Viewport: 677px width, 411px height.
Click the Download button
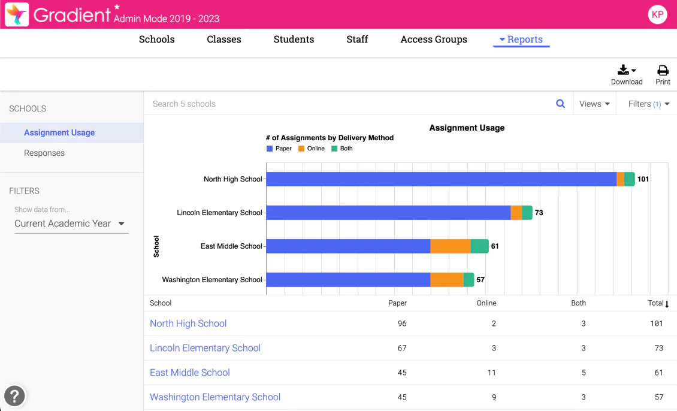click(627, 75)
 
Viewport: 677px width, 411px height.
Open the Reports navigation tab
click(521, 40)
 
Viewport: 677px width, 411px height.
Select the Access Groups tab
click(434, 40)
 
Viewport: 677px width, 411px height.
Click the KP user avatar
click(657, 14)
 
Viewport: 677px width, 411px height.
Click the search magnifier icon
click(560, 104)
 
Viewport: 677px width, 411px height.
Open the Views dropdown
click(594, 104)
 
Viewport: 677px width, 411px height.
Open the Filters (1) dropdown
click(648, 104)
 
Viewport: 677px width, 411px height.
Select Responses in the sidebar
click(44, 153)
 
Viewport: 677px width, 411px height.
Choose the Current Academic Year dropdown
click(69, 223)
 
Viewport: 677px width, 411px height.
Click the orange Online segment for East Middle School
click(451, 246)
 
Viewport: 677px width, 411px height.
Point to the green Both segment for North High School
click(630, 179)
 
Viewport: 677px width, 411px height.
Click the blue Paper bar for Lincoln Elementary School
click(388, 213)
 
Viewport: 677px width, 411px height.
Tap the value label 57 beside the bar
click(480, 280)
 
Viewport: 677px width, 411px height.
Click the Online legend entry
click(312, 149)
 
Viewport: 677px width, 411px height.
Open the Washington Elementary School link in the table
click(215, 397)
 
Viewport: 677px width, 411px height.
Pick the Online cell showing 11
click(491, 373)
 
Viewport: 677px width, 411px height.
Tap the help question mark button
click(14, 396)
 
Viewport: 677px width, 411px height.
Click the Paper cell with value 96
click(402, 324)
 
